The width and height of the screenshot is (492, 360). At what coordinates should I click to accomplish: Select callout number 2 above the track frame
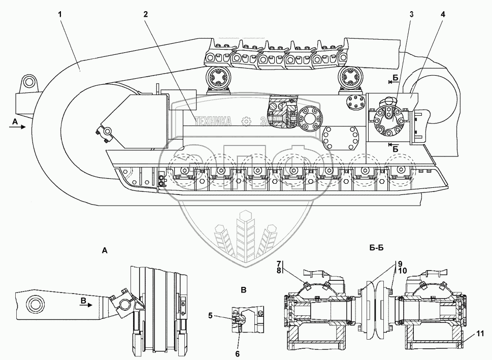145,15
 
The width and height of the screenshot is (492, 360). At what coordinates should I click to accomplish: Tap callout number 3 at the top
411,15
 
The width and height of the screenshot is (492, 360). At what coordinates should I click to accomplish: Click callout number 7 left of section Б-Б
279,263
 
